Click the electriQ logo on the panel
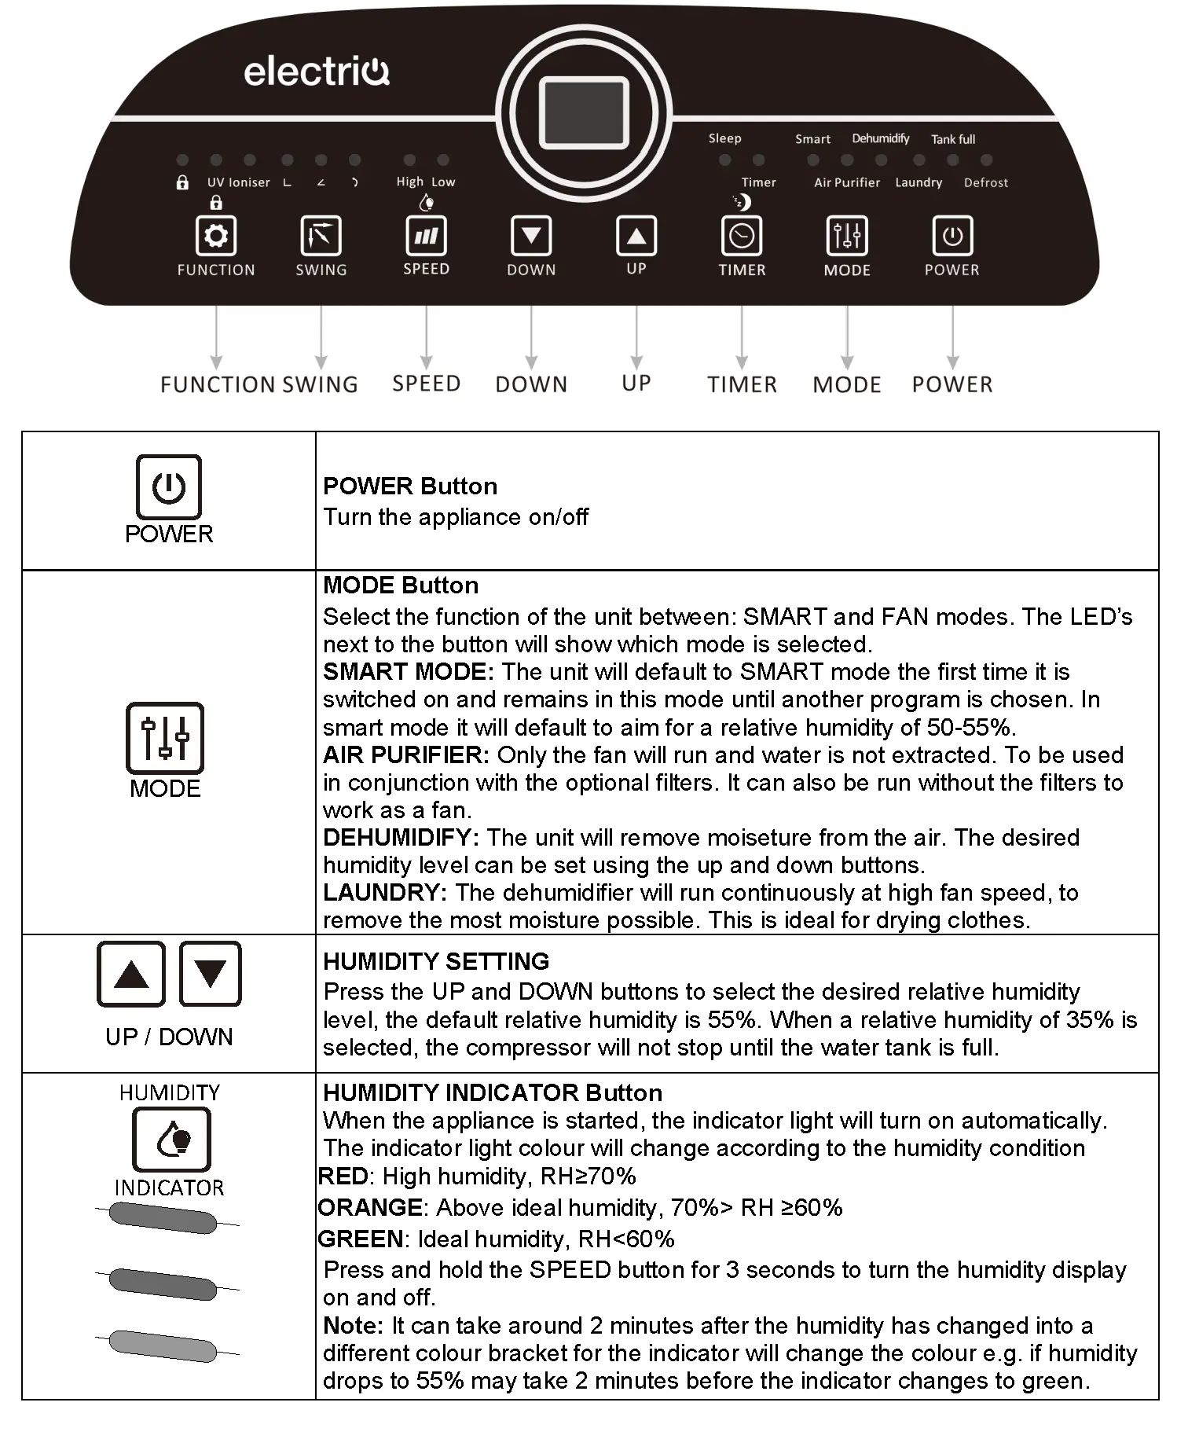point(317,72)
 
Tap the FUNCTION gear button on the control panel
point(216,236)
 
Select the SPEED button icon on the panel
point(426,236)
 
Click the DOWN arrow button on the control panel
point(531,236)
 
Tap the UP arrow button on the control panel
point(636,236)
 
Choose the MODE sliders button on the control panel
point(847,236)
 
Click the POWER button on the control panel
point(952,236)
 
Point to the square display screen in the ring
point(584,112)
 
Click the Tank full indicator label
point(953,139)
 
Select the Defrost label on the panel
point(985,182)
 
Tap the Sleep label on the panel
point(724,138)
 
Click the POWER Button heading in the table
point(410,486)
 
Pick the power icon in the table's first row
point(169,487)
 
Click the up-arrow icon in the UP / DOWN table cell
point(131,974)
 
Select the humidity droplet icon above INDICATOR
point(172,1139)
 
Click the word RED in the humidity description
point(343,1177)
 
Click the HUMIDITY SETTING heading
point(436,961)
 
